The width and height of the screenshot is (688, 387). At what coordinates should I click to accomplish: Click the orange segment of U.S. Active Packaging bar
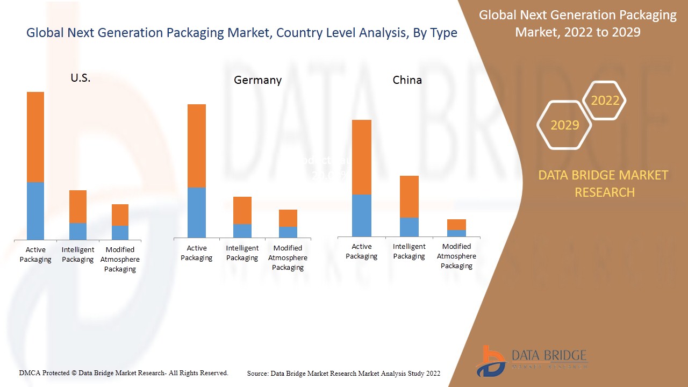(x=35, y=137)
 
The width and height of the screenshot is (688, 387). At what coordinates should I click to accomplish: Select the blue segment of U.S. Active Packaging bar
(x=35, y=211)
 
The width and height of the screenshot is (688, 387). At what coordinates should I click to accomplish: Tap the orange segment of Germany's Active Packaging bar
(x=197, y=146)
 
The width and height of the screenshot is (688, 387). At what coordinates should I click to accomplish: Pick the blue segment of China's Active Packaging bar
(x=362, y=215)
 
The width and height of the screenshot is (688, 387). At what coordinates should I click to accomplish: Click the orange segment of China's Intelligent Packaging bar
(x=409, y=197)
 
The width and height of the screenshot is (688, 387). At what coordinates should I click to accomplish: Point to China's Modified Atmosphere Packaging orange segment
(x=456, y=225)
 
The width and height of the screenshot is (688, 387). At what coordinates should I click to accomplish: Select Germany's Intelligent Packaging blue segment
(x=242, y=231)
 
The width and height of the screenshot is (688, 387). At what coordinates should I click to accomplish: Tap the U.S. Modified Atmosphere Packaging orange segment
(x=120, y=215)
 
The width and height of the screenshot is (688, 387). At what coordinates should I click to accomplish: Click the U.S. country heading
(x=81, y=78)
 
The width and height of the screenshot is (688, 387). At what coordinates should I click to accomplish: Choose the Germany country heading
(x=257, y=80)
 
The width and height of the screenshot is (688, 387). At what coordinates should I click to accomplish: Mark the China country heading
(x=407, y=80)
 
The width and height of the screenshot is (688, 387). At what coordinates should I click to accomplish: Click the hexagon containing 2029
(x=564, y=125)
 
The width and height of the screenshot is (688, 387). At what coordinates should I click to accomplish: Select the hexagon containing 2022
(x=605, y=101)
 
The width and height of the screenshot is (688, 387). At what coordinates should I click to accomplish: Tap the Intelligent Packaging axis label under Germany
(x=242, y=253)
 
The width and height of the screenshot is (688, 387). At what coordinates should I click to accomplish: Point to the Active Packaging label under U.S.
(x=35, y=254)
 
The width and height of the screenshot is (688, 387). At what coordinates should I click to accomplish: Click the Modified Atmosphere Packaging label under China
(x=456, y=256)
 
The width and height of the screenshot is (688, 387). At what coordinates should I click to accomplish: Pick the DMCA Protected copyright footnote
(x=124, y=372)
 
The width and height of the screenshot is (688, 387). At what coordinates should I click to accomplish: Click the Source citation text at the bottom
(x=343, y=373)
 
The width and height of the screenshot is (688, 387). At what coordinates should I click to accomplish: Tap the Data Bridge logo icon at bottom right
(x=490, y=361)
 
